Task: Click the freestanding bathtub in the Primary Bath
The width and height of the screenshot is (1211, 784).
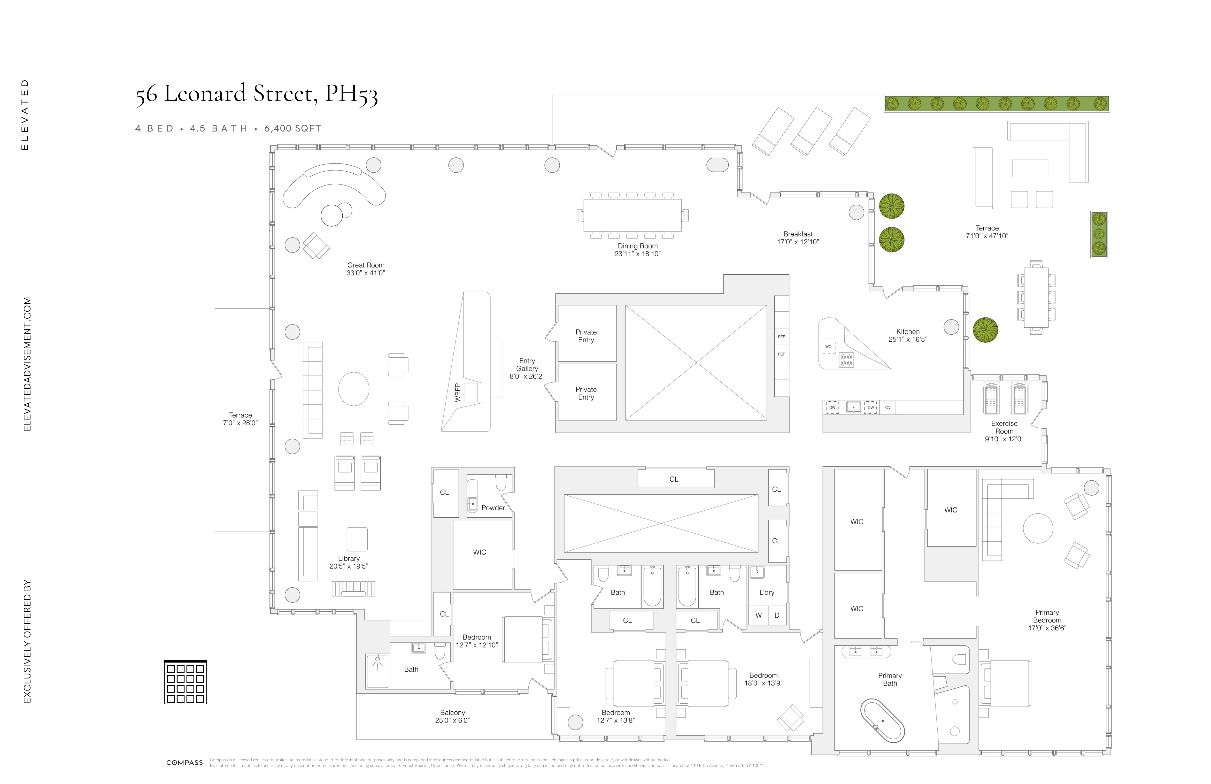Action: coord(882,720)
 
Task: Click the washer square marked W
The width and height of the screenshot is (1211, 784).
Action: coord(758,615)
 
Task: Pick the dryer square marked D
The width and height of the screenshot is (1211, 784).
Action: coord(776,615)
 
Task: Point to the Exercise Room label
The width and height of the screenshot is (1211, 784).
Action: coord(1004,431)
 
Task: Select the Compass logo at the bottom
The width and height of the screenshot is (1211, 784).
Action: coord(184,763)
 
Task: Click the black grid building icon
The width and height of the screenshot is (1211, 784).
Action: coord(185,682)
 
